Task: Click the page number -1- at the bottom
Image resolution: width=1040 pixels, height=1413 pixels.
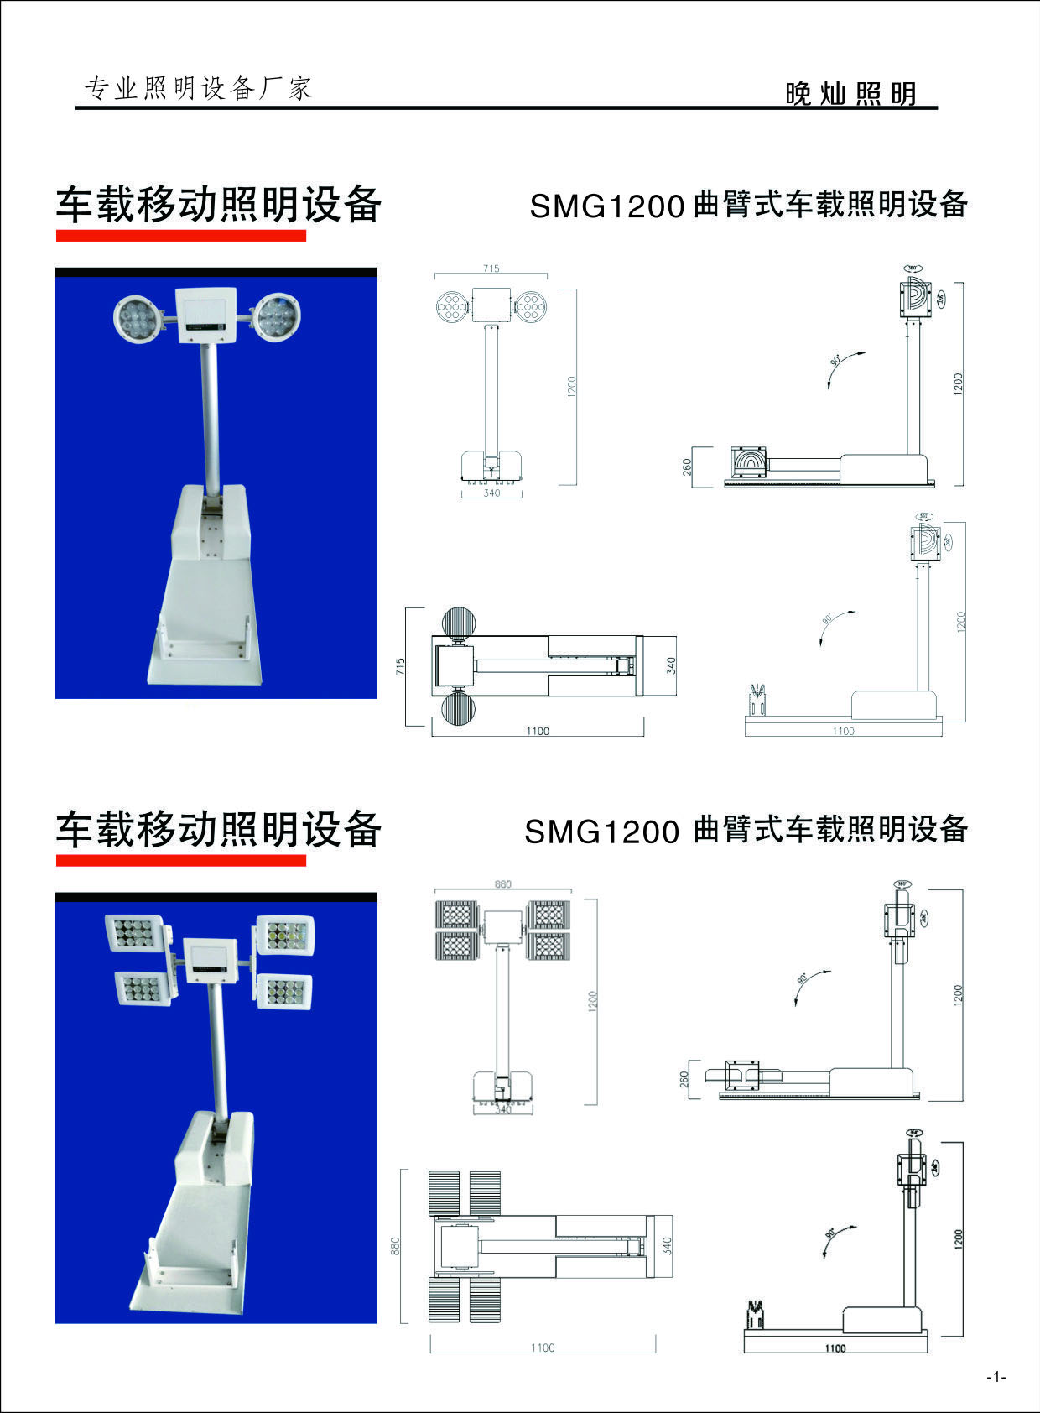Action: click(x=996, y=1377)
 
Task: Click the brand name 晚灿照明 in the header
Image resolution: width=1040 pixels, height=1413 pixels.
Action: click(x=850, y=94)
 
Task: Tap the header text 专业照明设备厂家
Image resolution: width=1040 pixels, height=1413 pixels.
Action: click(x=199, y=87)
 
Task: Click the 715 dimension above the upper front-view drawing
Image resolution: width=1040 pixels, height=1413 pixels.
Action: click(x=491, y=269)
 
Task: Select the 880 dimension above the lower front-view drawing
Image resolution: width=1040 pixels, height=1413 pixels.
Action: click(x=502, y=884)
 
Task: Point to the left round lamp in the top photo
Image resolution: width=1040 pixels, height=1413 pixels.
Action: click(x=137, y=318)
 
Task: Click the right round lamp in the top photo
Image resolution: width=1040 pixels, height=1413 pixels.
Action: click(x=276, y=317)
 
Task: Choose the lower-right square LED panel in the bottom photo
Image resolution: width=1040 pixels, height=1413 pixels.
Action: click(x=283, y=992)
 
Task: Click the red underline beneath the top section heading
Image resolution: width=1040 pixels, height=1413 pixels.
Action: click(x=180, y=236)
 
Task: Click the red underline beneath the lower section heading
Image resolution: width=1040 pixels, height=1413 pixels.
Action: click(x=180, y=860)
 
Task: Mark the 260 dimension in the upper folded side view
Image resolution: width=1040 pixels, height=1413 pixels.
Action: click(x=687, y=466)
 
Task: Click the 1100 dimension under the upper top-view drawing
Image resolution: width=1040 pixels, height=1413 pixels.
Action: click(x=538, y=731)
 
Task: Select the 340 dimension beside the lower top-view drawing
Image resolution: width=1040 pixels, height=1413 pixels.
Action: click(x=667, y=1244)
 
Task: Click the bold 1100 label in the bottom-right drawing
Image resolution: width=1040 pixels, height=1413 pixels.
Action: click(x=835, y=1348)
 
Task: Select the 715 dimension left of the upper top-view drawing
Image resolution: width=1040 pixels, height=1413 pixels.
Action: click(x=401, y=666)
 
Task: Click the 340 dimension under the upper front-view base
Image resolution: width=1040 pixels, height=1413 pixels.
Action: click(x=491, y=493)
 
